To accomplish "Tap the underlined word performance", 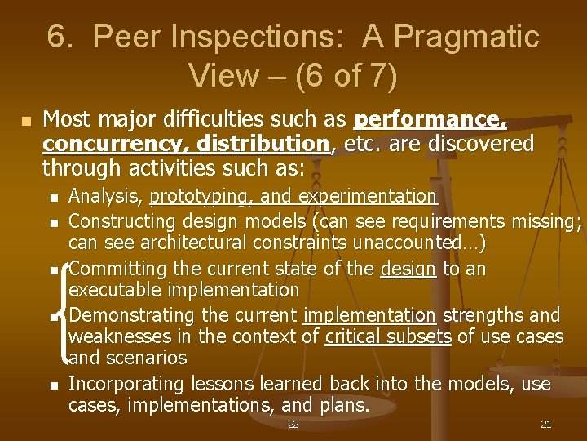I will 430,121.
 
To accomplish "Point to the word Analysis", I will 106,196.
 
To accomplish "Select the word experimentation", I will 369,196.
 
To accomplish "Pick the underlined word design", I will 408,269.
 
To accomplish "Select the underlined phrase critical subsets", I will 387,336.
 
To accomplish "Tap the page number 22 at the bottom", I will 293,425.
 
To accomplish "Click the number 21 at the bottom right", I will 546,425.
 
